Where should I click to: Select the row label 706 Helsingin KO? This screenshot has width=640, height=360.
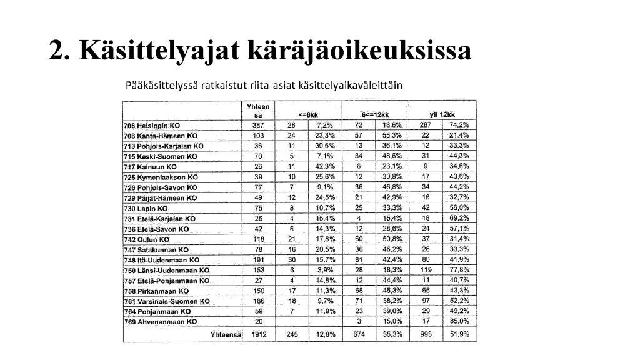pyautogui.click(x=152, y=126)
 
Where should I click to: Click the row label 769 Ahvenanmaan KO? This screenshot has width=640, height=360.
pyautogui.click(x=161, y=322)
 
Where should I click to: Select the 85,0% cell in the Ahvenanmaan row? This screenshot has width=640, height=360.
pyautogui.click(x=459, y=321)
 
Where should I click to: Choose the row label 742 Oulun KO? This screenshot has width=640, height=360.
pyautogui.click(x=147, y=239)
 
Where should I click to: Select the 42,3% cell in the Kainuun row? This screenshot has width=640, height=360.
pyautogui.click(x=325, y=166)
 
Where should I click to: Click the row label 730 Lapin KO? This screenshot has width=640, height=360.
pyautogui.click(x=146, y=208)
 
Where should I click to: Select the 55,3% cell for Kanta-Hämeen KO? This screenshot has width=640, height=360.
pyautogui.click(x=392, y=135)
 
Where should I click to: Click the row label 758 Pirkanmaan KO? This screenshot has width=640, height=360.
pyautogui.click(x=156, y=291)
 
